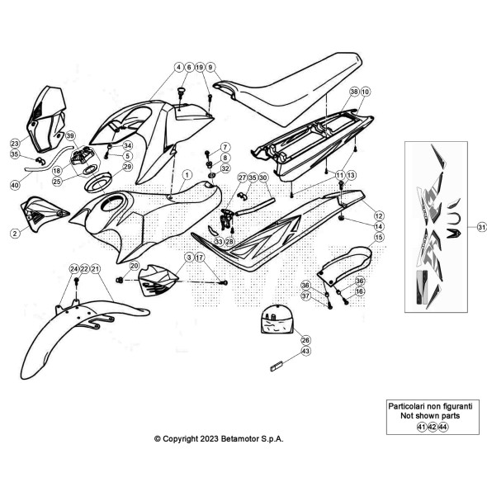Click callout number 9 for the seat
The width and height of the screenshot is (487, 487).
[210, 67]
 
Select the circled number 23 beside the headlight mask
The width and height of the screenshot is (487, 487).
[15, 144]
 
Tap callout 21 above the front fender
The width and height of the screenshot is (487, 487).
[96, 269]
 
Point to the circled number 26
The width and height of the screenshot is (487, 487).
[305, 340]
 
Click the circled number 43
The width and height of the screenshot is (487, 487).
[305, 351]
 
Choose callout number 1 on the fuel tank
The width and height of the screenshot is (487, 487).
[187, 175]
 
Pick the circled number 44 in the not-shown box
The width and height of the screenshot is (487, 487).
[443, 427]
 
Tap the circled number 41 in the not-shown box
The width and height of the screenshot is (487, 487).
[422, 427]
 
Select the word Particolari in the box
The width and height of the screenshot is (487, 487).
[406, 406]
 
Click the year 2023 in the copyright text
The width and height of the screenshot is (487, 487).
[210, 439]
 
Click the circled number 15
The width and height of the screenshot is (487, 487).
[379, 237]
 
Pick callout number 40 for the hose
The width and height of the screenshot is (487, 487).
[15, 186]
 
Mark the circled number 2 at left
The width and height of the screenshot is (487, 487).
[15, 233]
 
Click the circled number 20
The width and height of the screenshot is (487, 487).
[135, 266]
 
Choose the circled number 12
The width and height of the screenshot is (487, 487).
[379, 216]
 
